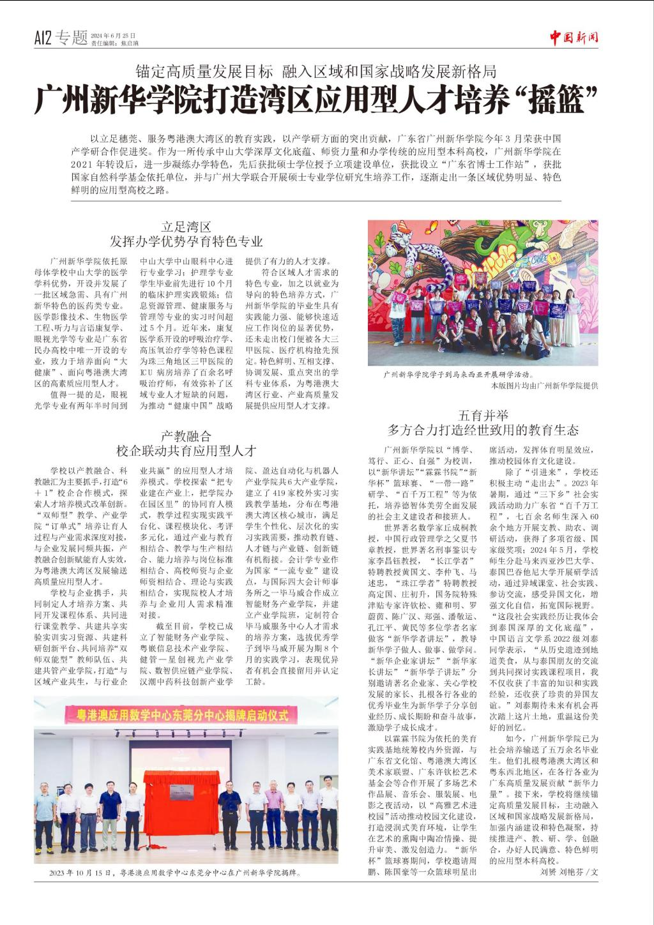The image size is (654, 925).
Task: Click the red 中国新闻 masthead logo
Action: pyautogui.click(x=574, y=37)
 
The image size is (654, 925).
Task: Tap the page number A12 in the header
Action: pyautogui.click(x=43, y=38)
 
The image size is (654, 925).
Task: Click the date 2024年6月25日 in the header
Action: pyautogui.click(x=113, y=35)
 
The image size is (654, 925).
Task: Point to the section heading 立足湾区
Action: pyautogui.click(x=186, y=227)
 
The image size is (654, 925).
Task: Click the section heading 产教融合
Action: pyautogui.click(x=186, y=437)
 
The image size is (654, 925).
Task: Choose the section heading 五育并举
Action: pyautogui.click(x=483, y=415)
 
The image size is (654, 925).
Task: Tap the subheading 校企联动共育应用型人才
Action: pyautogui.click(x=186, y=451)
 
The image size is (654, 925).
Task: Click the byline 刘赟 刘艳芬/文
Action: pyautogui.click(x=569, y=871)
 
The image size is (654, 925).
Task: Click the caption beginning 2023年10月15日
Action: pyautogui.click(x=174, y=872)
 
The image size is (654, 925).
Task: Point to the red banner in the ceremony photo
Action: pyautogui.click(x=186, y=714)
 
